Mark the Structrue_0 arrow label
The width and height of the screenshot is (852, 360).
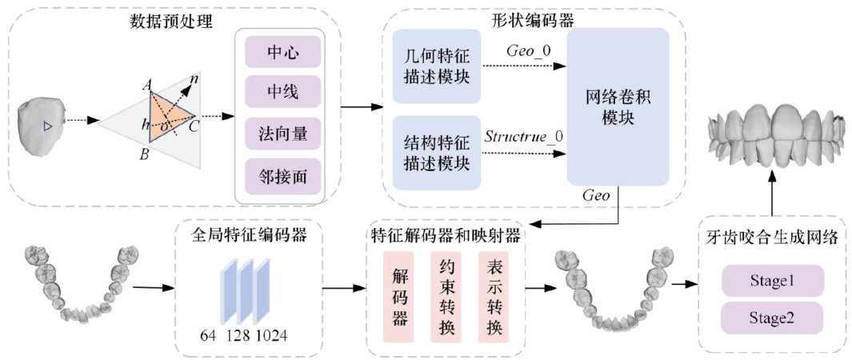click(x=524, y=135)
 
